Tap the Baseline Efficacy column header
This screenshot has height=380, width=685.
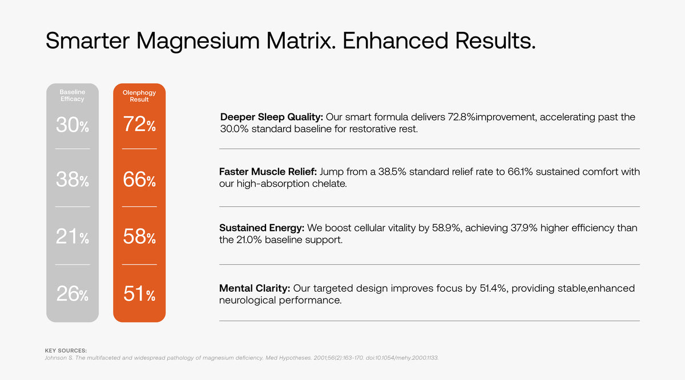pos(72,95)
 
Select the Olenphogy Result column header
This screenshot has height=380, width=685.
pos(139,96)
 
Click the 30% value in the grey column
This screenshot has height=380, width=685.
pos(72,125)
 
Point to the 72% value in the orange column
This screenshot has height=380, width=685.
pos(139,125)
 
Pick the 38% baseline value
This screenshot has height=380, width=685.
pos(72,180)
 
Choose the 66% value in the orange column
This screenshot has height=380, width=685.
pos(139,180)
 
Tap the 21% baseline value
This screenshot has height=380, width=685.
pos(72,236)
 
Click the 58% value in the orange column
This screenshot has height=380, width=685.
pos(139,236)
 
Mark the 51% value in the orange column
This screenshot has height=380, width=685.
pos(139,295)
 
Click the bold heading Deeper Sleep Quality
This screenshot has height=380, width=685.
pos(272,117)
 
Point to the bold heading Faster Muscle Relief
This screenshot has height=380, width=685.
pos(268,171)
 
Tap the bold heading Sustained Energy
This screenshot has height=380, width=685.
pos(262,228)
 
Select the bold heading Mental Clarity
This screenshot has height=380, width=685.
pos(255,288)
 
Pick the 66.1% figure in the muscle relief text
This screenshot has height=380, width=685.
pos(520,171)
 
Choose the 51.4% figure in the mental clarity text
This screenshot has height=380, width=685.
pos(493,288)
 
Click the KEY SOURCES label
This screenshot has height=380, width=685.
pos(66,350)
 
